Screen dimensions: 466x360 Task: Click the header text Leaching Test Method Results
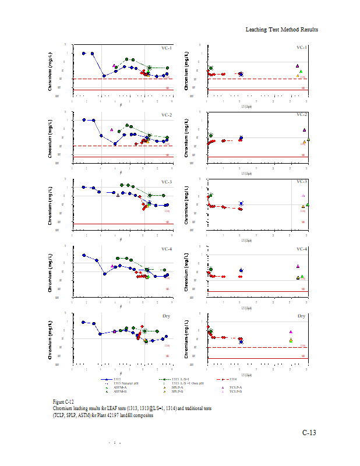coord(281,29)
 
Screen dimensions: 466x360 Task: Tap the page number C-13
coord(308,432)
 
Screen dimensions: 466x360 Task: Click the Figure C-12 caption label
coord(63,402)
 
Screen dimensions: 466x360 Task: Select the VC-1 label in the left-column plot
coord(167,48)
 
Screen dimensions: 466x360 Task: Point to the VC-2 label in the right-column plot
coord(301,115)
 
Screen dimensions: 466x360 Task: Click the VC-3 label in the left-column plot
coord(167,182)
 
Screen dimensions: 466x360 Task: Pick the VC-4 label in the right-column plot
coord(301,249)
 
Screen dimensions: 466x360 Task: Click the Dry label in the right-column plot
coord(302,316)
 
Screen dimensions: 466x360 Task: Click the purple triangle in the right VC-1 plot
coord(297,66)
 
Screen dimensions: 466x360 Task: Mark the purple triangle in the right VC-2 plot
coord(304,130)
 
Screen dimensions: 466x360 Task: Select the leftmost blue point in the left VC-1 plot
coord(84,53)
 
